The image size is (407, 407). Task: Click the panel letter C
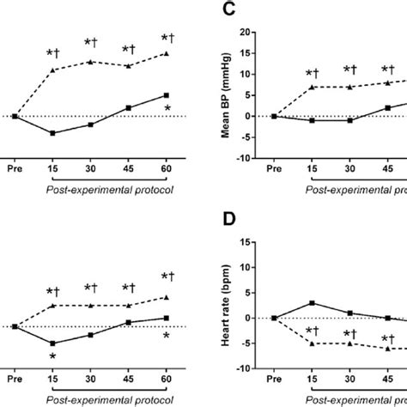[228, 11]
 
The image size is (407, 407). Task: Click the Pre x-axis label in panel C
[274, 170]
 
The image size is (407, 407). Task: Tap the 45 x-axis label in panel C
[388, 170]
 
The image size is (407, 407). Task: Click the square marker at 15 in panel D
[313, 303]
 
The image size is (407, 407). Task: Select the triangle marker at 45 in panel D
[388, 348]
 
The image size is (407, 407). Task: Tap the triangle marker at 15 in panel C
[313, 87]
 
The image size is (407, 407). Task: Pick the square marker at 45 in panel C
[388, 107]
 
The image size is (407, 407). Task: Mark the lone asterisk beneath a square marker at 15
[52, 356]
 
